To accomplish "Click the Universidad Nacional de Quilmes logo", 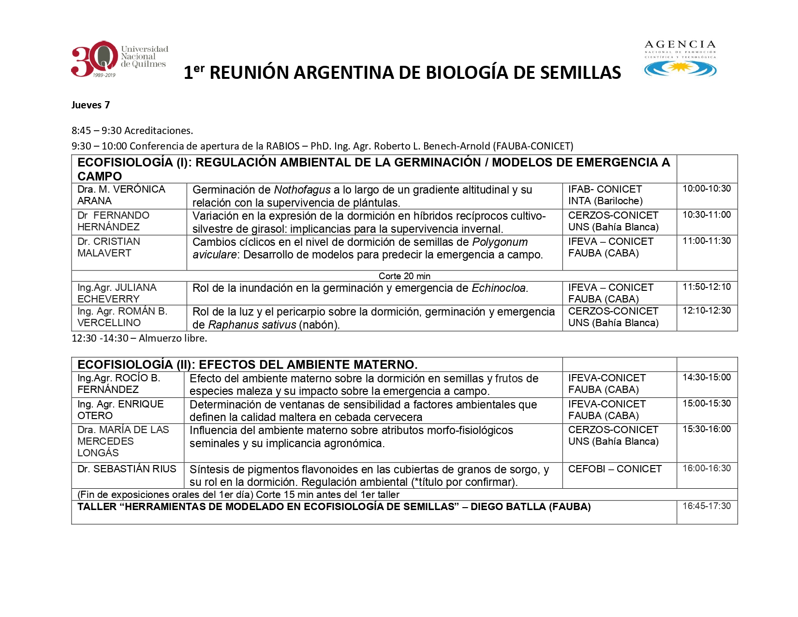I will (x=119, y=59).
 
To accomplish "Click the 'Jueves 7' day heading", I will (x=90, y=105).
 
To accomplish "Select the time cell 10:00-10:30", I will (x=707, y=189).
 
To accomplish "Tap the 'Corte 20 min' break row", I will (x=404, y=276).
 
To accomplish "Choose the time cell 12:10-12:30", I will (x=707, y=311).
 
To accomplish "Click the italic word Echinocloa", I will (x=499, y=288).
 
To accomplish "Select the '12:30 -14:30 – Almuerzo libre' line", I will (x=139, y=338).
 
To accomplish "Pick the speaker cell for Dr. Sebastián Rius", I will (x=127, y=469).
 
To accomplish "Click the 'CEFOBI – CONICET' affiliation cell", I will (x=615, y=469).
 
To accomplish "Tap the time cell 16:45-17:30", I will (x=707, y=506).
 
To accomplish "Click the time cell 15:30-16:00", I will (x=707, y=429).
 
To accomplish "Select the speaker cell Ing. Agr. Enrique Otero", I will (x=120, y=410).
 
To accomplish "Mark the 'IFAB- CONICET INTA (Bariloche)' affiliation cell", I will (x=605, y=195).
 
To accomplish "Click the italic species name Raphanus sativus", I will (x=252, y=325).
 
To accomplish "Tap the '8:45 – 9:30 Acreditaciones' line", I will (x=132, y=131).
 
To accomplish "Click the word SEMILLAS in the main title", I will (x=580, y=73).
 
